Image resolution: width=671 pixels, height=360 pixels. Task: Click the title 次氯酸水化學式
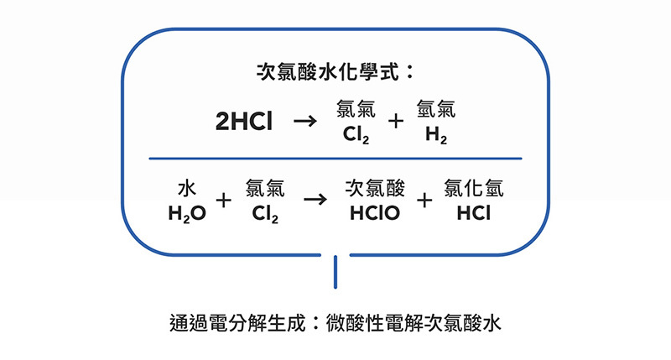330,72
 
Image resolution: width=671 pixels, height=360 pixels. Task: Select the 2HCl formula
244,122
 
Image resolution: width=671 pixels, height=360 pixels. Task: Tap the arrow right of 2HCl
305,121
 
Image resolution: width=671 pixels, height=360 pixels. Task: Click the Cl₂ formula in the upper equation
356,135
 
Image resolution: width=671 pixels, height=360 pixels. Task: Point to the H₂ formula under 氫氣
436,135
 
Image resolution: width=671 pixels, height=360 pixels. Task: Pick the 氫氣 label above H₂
436,109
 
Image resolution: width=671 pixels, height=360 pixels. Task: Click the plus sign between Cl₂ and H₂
396,121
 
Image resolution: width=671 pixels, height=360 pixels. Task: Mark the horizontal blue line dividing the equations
335,159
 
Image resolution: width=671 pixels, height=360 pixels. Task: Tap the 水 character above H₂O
187,188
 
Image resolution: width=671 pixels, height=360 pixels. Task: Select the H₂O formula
187,214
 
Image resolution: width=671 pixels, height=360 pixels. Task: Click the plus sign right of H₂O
224,201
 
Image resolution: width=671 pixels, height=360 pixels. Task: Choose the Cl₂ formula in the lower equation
265,214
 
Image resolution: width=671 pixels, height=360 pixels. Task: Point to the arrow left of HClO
315,200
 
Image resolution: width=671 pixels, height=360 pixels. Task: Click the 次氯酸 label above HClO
375,188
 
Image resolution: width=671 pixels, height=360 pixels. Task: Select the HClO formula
375,213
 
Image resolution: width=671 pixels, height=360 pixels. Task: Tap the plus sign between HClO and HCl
424,201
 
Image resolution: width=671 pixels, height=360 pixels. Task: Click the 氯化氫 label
474,188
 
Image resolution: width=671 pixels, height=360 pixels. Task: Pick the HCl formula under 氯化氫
473,213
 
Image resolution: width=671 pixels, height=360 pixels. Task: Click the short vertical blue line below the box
335,272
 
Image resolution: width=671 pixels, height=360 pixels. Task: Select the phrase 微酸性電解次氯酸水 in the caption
414,323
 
